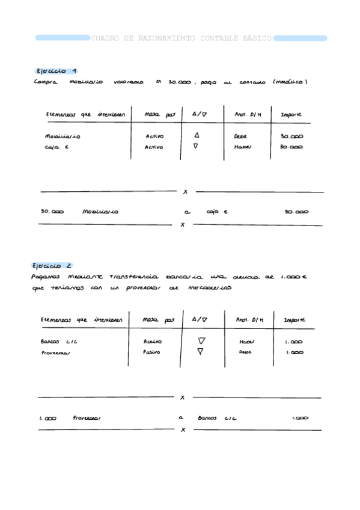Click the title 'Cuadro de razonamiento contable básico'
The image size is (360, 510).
pos(181,38)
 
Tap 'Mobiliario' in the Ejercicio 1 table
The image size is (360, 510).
pos(63,137)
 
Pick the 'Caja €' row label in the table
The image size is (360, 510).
pos(57,146)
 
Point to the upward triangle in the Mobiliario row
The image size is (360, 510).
pos(196,136)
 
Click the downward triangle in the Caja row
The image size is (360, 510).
pos(196,146)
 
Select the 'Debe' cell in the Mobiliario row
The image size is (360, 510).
pos(240,137)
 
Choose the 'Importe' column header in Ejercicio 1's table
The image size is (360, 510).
pos(291,114)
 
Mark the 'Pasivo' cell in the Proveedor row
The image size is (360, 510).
pos(152,352)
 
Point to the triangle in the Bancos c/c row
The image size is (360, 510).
pos(202,340)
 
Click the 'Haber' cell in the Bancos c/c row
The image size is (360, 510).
pos(247,342)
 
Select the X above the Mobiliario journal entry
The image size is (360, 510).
pos(185,192)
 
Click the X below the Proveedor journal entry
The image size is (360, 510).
pos(183,429)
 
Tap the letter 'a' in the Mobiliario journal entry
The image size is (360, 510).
pos(188,212)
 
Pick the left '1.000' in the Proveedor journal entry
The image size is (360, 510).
pos(48,418)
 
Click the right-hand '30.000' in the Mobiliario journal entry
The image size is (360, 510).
pos(296,212)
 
